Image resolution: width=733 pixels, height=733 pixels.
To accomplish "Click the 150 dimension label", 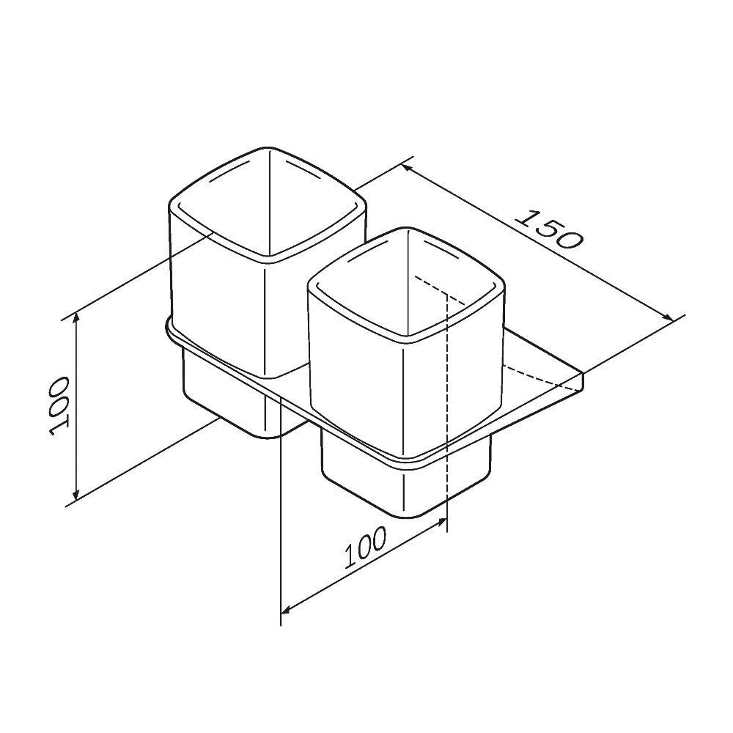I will (x=548, y=229).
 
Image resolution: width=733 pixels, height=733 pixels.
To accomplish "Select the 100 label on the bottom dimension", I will (x=364, y=549).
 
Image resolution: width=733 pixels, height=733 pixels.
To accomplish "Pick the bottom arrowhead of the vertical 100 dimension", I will (x=75, y=496).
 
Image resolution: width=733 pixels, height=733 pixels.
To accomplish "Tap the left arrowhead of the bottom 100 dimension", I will (x=287, y=608).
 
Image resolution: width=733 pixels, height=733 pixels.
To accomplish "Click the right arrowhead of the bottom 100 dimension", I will (x=441, y=521).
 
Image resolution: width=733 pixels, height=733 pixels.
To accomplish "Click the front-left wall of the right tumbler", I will (x=356, y=381).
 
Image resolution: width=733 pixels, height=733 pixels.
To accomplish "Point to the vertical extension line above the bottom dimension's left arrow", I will (x=281, y=513).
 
